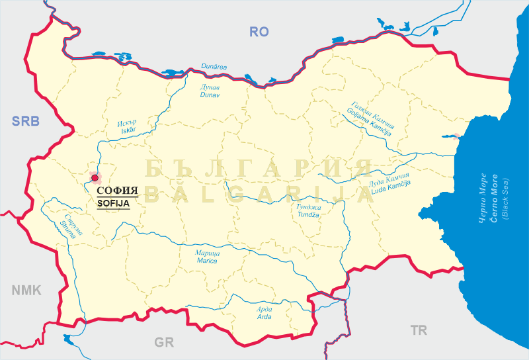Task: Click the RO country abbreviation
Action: click(259, 31)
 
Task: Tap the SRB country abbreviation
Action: click(26, 120)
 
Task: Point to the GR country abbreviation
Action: click(163, 342)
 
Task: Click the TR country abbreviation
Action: click(418, 330)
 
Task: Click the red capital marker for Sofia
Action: click(95, 177)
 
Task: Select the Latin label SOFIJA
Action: click(113, 204)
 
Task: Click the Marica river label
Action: click(207, 261)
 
